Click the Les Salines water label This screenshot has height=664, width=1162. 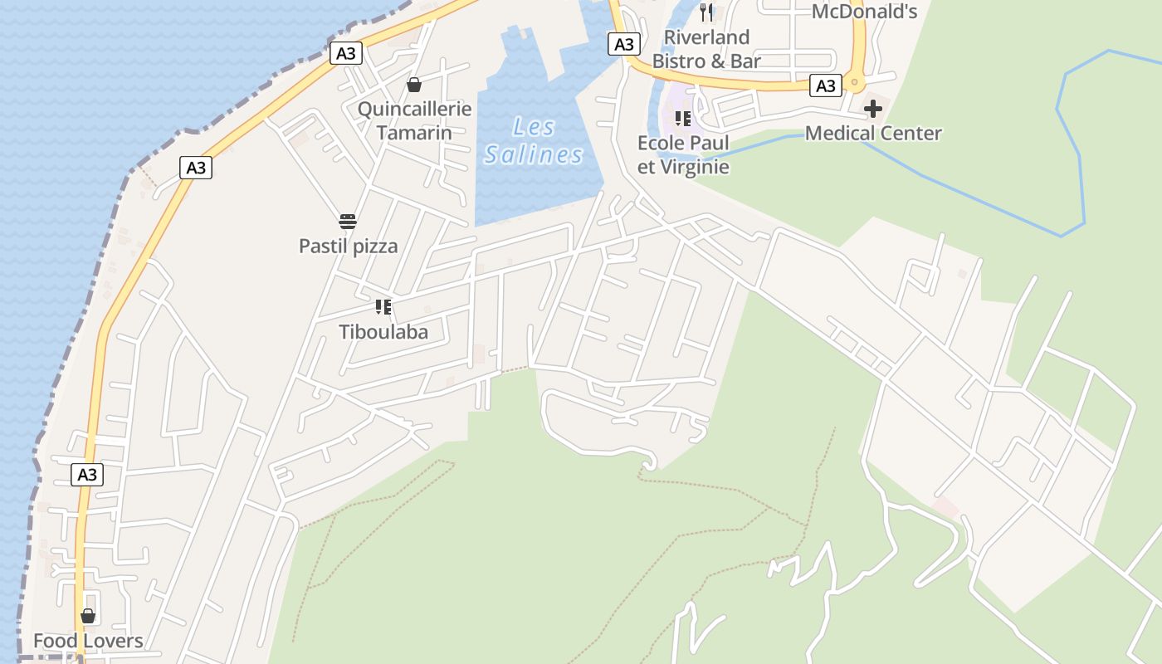tap(534, 141)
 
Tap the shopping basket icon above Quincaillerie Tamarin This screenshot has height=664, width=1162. tap(413, 85)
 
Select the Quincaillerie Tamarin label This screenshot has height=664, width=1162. tap(414, 120)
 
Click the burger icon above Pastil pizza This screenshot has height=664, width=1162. tap(348, 222)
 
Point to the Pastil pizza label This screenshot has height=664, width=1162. tap(348, 246)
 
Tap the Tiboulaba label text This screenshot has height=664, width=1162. tap(383, 332)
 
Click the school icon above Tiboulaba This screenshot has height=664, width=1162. tap(383, 307)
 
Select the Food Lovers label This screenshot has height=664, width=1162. tap(88, 641)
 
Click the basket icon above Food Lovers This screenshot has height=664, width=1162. tap(88, 616)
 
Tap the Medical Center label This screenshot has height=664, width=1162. tap(873, 133)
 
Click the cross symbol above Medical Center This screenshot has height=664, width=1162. tap(872, 109)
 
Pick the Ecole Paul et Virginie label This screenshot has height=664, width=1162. tap(683, 154)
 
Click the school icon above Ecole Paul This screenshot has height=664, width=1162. tap(683, 118)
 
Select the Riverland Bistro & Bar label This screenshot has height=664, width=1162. tap(706, 49)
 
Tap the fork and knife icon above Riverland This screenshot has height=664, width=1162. tap(706, 12)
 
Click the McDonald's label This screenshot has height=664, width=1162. tap(863, 11)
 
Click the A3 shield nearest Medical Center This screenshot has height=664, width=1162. tap(825, 85)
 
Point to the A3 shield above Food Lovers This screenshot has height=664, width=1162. tap(87, 475)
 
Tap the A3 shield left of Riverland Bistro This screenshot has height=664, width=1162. tap(623, 44)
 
